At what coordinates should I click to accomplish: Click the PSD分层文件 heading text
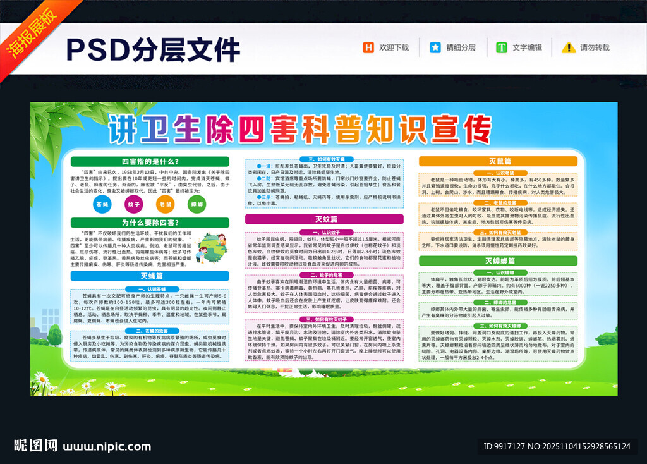(x=152, y=49)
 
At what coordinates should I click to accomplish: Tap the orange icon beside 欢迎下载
(x=368, y=47)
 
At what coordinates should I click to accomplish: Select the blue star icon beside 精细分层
(x=435, y=47)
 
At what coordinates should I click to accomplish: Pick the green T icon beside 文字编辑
(x=502, y=47)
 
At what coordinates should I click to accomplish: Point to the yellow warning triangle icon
(x=569, y=47)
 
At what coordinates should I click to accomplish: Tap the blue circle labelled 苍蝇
(x=102, y=204)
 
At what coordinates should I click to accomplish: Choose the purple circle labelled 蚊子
(x=133, y=204)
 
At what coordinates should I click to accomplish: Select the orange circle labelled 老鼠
(x=165, y=204)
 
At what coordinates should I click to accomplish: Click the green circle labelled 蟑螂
(x=197, y=204)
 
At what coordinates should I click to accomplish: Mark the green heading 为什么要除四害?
(x=149, y=223)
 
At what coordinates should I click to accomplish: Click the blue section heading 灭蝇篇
(x=149, y=276)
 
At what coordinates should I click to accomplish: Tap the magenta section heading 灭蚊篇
(x=324, y=219)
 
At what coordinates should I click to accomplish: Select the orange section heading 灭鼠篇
(x=499, y=161)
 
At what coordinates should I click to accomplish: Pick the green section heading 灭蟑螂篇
(x=499, y=260)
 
